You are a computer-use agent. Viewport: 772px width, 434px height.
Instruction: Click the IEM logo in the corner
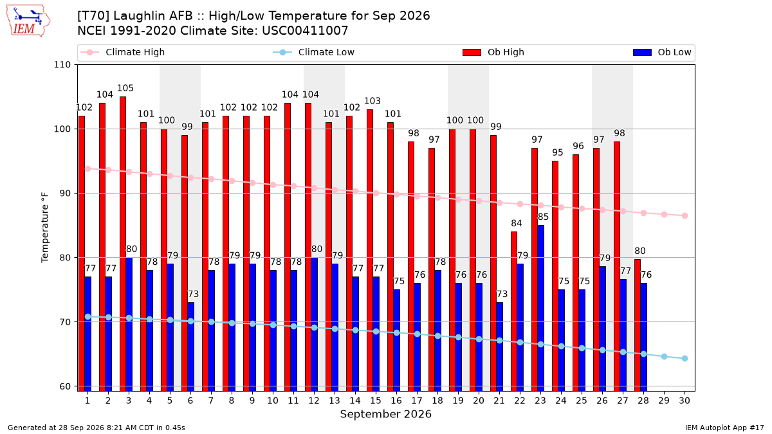tap(28, 21)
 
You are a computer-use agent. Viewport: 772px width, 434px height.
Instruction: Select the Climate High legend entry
tap(122, 52)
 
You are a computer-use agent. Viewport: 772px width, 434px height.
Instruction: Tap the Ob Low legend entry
tap(662, 52)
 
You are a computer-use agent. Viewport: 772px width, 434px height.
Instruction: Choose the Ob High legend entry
tap(493, 52)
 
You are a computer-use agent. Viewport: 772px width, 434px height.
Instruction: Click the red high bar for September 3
tap(123, 244)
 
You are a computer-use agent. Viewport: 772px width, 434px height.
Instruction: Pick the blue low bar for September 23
tap(541, 308)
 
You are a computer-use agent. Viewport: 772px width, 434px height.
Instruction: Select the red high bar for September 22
tap(514, 311)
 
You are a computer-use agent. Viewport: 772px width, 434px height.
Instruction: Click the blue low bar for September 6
tap(190, 347)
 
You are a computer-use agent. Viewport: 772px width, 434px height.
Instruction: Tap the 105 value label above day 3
tap(125, 88)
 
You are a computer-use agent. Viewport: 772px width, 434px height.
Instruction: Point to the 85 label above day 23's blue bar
tap(543, 217)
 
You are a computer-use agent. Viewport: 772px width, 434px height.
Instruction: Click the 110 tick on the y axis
tap(62, 65)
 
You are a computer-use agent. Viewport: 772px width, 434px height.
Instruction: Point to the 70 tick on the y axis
tap(65, 322)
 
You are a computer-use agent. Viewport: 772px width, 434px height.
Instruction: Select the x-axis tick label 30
tap(685, 401)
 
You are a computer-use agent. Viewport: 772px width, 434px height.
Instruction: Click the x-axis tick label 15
tap(376, 401)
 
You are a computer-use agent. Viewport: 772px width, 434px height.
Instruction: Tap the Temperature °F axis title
tap(45, 228)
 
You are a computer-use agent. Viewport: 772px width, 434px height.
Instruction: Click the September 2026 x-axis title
tap(385, 414)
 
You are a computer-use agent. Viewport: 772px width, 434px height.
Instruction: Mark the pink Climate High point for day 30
tap(685, 215)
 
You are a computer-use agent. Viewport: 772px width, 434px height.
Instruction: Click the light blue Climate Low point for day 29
tap(664, 356)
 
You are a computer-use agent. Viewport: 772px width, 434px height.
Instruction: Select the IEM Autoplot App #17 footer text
tap(724, 428)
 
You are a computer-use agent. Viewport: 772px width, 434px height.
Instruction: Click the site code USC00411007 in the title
tap(305, 31)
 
